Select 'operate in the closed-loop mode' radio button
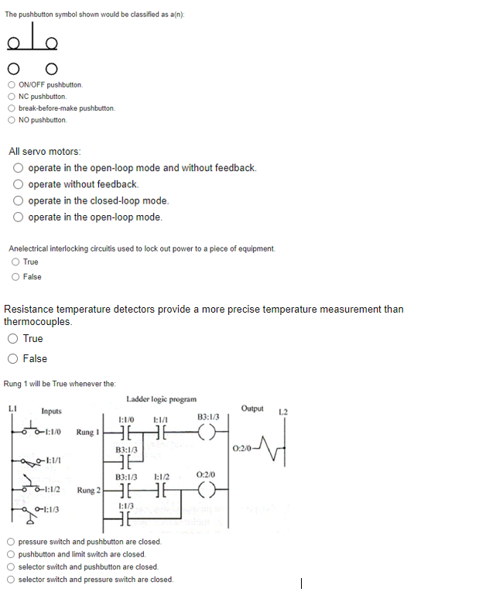(x=19, y=200)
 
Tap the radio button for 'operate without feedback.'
(x=19, y=184)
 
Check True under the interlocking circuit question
(x=16, y=262)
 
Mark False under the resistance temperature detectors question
(x=13, y=358)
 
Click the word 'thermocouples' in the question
(x=37, y=321)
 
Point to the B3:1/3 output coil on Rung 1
(x=208, y=433)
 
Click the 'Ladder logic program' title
(x=160, y=399)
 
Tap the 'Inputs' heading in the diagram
(x=52, y=411)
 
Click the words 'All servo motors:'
(x=45, y=151)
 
